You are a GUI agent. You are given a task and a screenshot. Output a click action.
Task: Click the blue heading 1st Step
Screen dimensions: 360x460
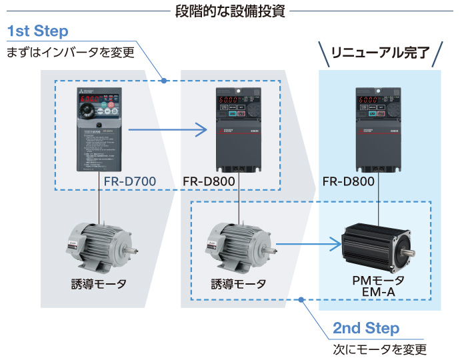(38, 31)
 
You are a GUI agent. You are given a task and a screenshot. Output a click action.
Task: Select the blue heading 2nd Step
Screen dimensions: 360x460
(366, 328)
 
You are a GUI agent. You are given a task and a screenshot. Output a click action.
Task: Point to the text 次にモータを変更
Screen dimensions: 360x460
(379, 349)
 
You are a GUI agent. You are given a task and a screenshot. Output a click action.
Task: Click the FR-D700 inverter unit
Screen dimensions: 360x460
(100, 131)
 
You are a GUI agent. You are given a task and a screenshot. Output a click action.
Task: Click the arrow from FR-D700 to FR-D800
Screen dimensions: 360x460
(167, 129)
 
